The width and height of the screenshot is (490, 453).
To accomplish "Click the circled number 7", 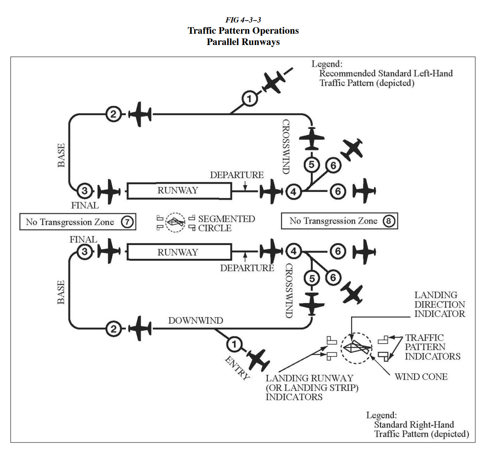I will pos(127,222).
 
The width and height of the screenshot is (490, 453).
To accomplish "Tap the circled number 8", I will pos(389,221).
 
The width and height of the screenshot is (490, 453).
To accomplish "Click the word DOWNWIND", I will pos(196,320).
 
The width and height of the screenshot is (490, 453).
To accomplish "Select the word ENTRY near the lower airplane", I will pos(237,368).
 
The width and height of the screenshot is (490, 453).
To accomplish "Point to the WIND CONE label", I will pos(421,377).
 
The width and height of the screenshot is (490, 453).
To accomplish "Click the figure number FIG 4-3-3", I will pos(243,20).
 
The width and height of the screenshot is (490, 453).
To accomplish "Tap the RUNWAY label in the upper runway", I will pos(178,190).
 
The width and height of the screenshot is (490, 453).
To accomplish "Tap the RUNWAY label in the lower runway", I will pos(178,252).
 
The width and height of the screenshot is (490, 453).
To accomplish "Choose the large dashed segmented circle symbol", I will pos(357,348).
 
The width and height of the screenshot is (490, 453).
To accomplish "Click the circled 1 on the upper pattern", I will pos(249,99).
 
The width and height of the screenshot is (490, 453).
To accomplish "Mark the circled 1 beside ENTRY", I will pos(234,344).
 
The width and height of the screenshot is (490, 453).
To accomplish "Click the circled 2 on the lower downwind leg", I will pos(113,329).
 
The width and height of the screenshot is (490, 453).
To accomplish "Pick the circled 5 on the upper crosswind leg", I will pos(312,165).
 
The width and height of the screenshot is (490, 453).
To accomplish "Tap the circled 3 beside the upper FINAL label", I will pos(85,191).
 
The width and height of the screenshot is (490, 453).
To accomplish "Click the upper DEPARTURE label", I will pos(236,175).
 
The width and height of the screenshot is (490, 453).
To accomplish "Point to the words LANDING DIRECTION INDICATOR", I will pos(439,304).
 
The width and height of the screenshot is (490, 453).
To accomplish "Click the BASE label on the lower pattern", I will pos(61,292).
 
